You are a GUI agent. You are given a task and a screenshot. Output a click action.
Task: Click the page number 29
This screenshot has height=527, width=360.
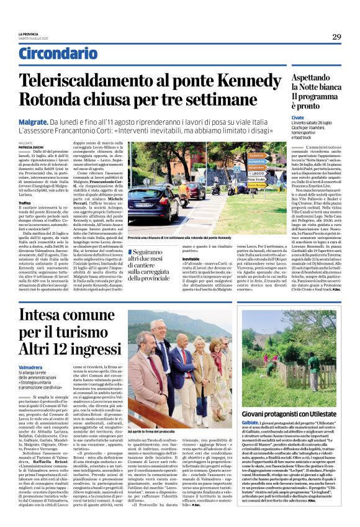(x=336, y=37)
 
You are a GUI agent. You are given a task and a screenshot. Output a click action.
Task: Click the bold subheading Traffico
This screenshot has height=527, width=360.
(x=25, y=202)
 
